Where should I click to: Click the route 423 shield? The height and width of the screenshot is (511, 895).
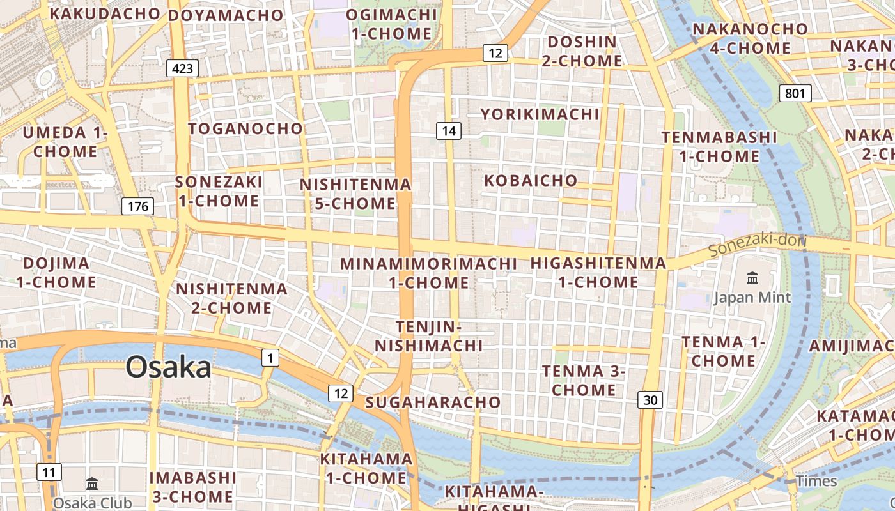182,68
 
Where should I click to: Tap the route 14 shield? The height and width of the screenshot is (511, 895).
449,131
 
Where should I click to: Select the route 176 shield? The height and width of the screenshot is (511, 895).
137,206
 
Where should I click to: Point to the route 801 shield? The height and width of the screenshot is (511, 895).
795,93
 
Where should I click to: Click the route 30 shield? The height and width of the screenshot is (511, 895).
650,400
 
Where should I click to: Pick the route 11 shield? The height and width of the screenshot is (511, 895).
49,473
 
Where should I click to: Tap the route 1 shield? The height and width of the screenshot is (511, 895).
270,358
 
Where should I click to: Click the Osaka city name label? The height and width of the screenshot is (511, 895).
168,367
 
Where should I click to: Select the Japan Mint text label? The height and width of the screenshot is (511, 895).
752,297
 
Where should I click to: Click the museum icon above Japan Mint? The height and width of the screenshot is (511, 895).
752,278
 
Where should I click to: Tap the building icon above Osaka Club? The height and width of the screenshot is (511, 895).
92,484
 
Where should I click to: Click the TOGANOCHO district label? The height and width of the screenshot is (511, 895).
245,128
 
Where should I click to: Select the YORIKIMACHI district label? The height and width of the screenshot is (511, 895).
540,114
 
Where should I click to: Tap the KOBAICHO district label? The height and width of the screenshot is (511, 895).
531,180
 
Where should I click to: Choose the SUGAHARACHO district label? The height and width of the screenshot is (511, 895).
433,402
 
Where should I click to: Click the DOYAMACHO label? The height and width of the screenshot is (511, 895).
226,15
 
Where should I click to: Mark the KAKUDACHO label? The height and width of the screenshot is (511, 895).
105,13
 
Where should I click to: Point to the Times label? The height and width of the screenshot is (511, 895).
816,481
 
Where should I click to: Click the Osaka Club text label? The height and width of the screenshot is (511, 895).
92,503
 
